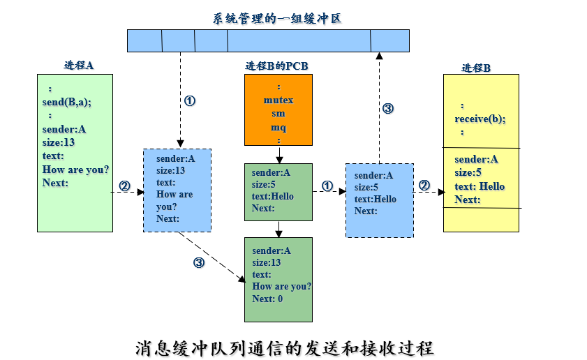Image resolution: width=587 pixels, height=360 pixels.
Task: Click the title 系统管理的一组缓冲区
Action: coord(277,18)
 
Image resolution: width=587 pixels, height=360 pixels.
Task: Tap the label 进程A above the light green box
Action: coord(78,66)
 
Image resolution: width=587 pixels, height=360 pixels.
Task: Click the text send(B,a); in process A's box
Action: coord(67,102)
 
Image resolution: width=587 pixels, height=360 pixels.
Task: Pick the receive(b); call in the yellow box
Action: coord(480,119)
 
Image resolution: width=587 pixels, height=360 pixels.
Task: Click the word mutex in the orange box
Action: coord(278,100)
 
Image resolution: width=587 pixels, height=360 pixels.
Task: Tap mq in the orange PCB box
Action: coord(278,127)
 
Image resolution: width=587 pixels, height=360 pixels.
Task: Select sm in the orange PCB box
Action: coord(278,113)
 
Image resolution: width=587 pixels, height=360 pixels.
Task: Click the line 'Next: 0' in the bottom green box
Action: coord(267,299)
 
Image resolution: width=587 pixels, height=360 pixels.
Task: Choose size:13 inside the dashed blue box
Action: coord(170,170)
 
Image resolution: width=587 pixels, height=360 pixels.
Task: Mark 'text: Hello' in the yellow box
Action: coord(480,186)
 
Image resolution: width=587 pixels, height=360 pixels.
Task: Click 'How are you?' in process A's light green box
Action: coord(75,170)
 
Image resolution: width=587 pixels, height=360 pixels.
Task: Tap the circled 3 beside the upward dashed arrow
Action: coord(388,108)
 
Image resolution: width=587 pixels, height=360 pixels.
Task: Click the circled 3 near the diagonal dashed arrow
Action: coord(199,262)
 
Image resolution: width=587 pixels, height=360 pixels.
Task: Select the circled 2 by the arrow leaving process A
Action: coord(124,186)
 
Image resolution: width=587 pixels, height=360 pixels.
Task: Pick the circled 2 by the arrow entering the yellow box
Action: coord(424,185)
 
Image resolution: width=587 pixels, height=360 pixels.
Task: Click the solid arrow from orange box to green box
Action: coord(278,155)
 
